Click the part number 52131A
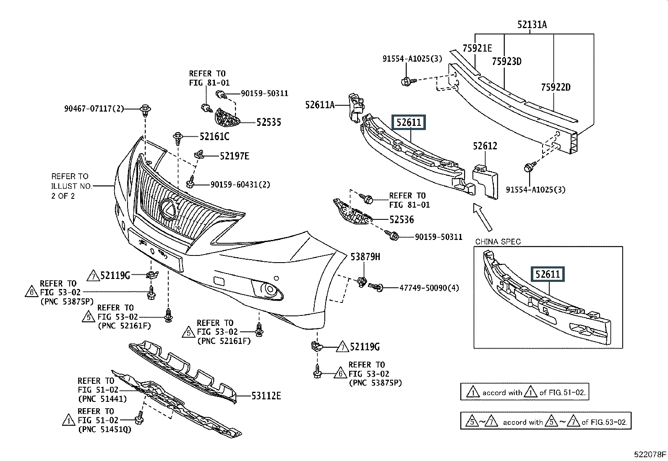click(x=532, y=25)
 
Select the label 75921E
click(x=477, y=48)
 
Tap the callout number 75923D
click(x=506, y=62)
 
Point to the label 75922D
click(x=556, y=87)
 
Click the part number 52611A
click(x=320, y=105)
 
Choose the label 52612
click(x=485, y=146)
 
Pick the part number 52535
click(x=269, y=122)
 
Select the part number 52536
click(x=401, y=219)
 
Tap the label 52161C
click(x=214, y=136)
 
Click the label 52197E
click(x=235, y=156)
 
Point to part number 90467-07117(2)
click(x=94, y=109)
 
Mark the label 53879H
click(x=365, y=256)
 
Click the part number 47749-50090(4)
click(x=429, y=288)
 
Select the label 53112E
click(x=266, y=395)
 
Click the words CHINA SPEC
click(x=498, y=242)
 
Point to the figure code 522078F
click(x=650, y=454)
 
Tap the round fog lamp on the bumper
click(x=266, y=289)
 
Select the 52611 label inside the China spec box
click(x=548, y=274)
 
